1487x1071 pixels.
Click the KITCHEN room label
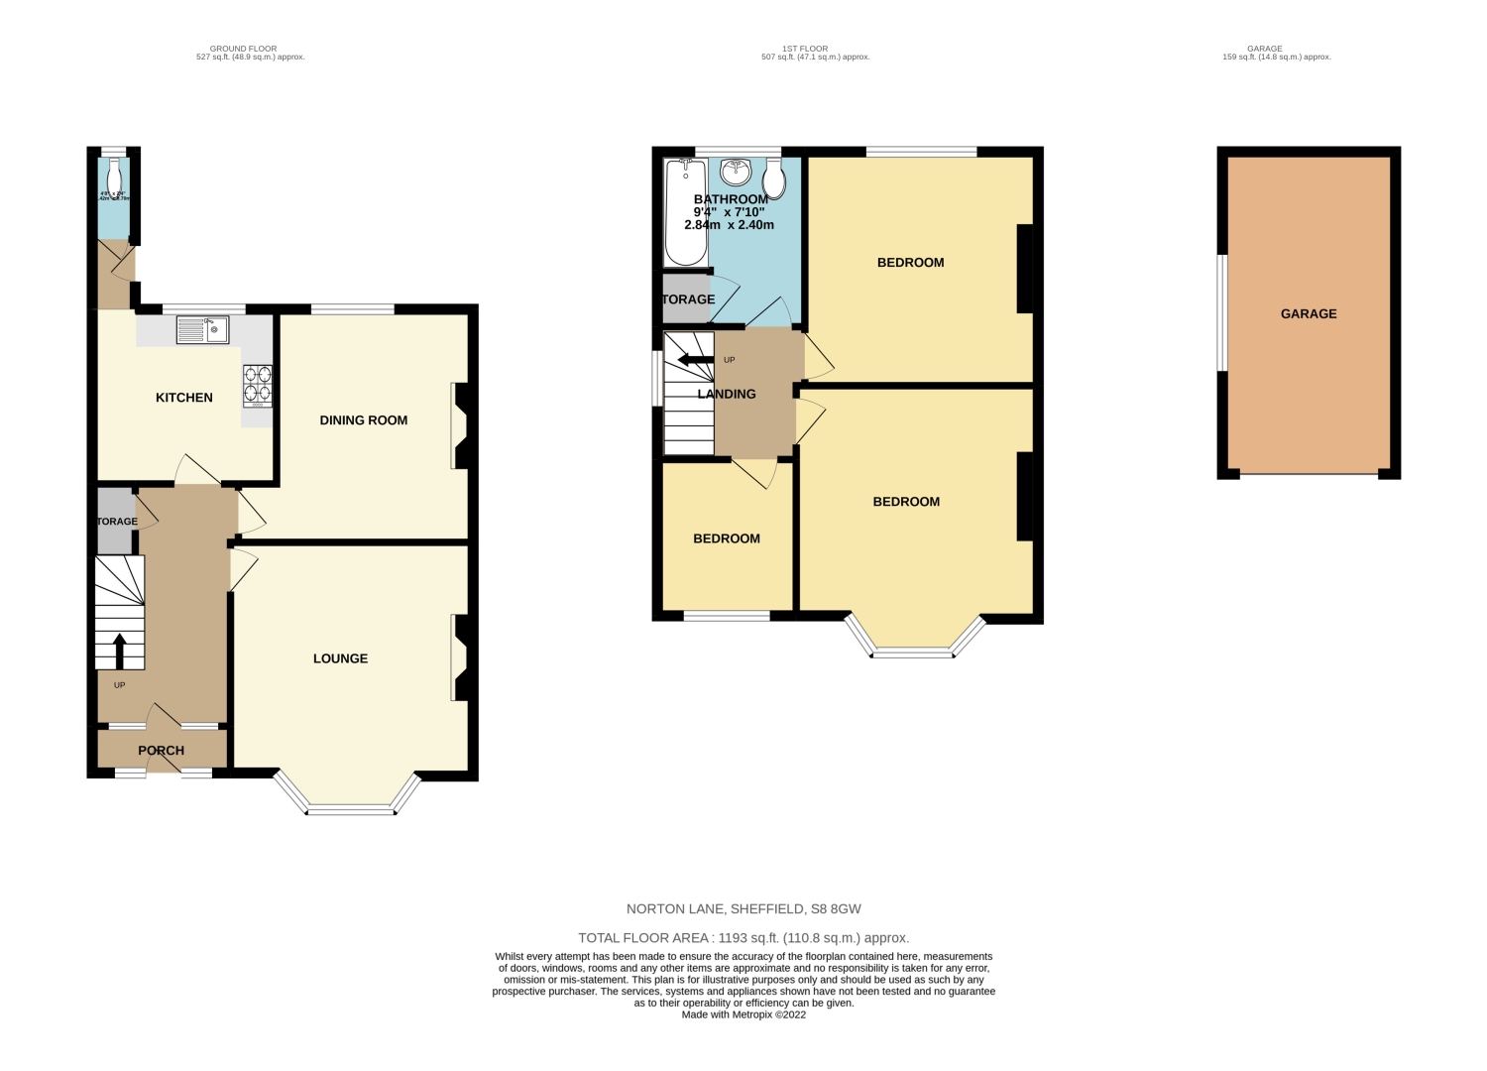(184, 398)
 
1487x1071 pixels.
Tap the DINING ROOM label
(364, 420)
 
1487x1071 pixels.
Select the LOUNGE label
(340, 658)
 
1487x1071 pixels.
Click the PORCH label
(161, 751)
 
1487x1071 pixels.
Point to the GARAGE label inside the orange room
(1309, 313)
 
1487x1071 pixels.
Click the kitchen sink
(202, 329)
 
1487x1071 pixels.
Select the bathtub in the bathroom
(685, 212)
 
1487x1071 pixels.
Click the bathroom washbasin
(736, 173)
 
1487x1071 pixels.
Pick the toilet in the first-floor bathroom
(775, 178)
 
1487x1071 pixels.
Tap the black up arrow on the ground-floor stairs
(121, 652)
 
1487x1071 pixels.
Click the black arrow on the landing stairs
(694, 359)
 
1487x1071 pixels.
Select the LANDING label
(727, 394)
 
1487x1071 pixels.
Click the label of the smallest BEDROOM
(727, 538)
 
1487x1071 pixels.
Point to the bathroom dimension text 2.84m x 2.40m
(729, 225)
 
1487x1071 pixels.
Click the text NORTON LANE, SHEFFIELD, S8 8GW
(743, 908)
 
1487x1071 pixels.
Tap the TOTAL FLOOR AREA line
(743, 937)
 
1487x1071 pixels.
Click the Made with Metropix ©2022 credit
(743, 1014)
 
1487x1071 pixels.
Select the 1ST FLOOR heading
(804, 49)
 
